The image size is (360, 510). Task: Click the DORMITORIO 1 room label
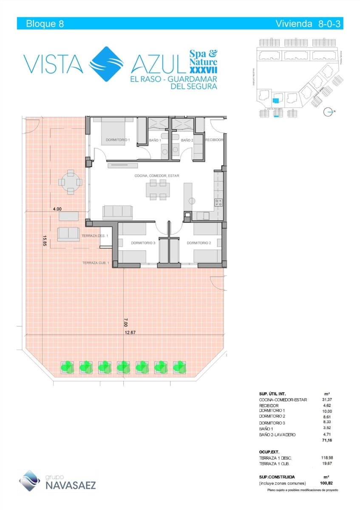click(x=118, y=140)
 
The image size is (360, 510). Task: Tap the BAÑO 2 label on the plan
click(x=187, y=140)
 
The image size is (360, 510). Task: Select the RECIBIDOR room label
click(x=214, y=140)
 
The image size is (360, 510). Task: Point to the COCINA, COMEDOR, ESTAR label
click(x=157, y=176)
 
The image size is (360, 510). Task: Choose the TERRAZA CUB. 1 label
click(x=96, y=263)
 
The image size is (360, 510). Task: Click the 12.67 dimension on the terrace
click(x=130, y=333)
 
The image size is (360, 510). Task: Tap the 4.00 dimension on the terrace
click(x=57, y=209)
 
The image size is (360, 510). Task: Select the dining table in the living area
click(x=157, y=190)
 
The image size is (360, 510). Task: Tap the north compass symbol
click(x=328, y=112)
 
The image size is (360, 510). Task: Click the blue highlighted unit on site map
click(x=276, y=101)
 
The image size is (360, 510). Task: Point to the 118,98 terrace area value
click(x=326, y=458)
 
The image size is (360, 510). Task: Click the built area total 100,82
click(x=326, y=483)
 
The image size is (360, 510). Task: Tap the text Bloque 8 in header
click(x=45, y=24)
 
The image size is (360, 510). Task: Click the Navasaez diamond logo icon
click(x=30, y=481)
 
